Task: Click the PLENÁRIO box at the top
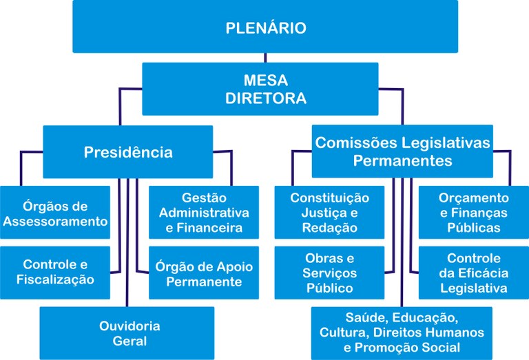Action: tap(265, 28)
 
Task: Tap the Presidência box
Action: tap(128, 151)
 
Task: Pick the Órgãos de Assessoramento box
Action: tap(55, 213)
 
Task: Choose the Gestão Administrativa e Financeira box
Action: tap(204, 213)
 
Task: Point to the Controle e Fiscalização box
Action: tap(55, 272)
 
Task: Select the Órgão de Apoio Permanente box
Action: tap(204, 273)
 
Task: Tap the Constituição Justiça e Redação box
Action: tap(329, 213)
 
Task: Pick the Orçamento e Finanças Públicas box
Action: tap(474, 213)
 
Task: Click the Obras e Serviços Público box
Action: tap(329, 273)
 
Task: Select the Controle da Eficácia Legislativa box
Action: tap(474, 273)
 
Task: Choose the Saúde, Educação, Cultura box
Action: tap(402, 333)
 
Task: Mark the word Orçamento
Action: tap(474, 198)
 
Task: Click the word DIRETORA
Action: tap(265, 98)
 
